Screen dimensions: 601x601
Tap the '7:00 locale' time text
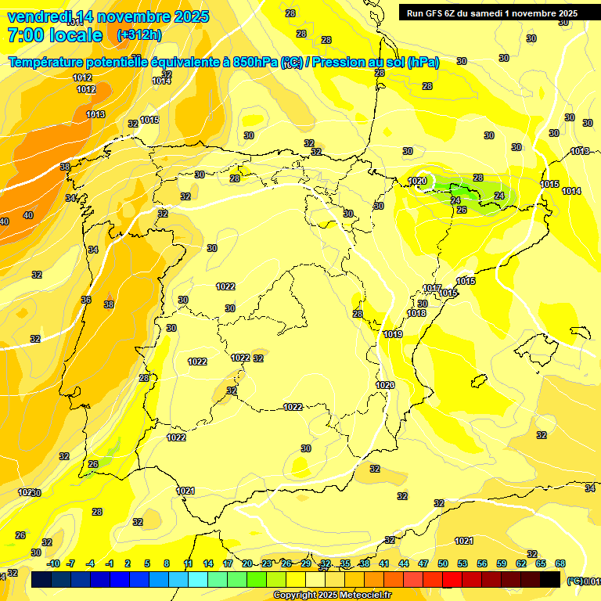click(55, 35)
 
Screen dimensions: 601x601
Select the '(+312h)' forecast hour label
click(139, 35)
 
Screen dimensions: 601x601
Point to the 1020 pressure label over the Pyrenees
click(417, 181)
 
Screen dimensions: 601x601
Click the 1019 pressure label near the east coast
click(393, 334)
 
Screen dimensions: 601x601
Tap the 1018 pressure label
click(416, 313)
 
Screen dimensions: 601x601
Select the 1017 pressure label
click(432, 288)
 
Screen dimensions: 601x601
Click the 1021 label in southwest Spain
click(185, 491)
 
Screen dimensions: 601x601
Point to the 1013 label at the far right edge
click(580, 151)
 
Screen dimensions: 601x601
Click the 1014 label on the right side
click(571, 191)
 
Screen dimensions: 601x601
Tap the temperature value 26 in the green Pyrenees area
click(462, 210)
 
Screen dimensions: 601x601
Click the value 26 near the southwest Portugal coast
click(93, 464)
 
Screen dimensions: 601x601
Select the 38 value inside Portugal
click(109, 304)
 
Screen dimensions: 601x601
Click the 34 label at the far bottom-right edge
click(590, 488)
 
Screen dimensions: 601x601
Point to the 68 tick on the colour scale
click(560, 563)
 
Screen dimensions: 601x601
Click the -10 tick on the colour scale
click(53, 563)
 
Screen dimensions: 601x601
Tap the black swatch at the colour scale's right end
click(550, 579)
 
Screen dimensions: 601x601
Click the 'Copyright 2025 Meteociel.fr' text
click(332, 595)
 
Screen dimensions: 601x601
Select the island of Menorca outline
click(580, 332)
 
